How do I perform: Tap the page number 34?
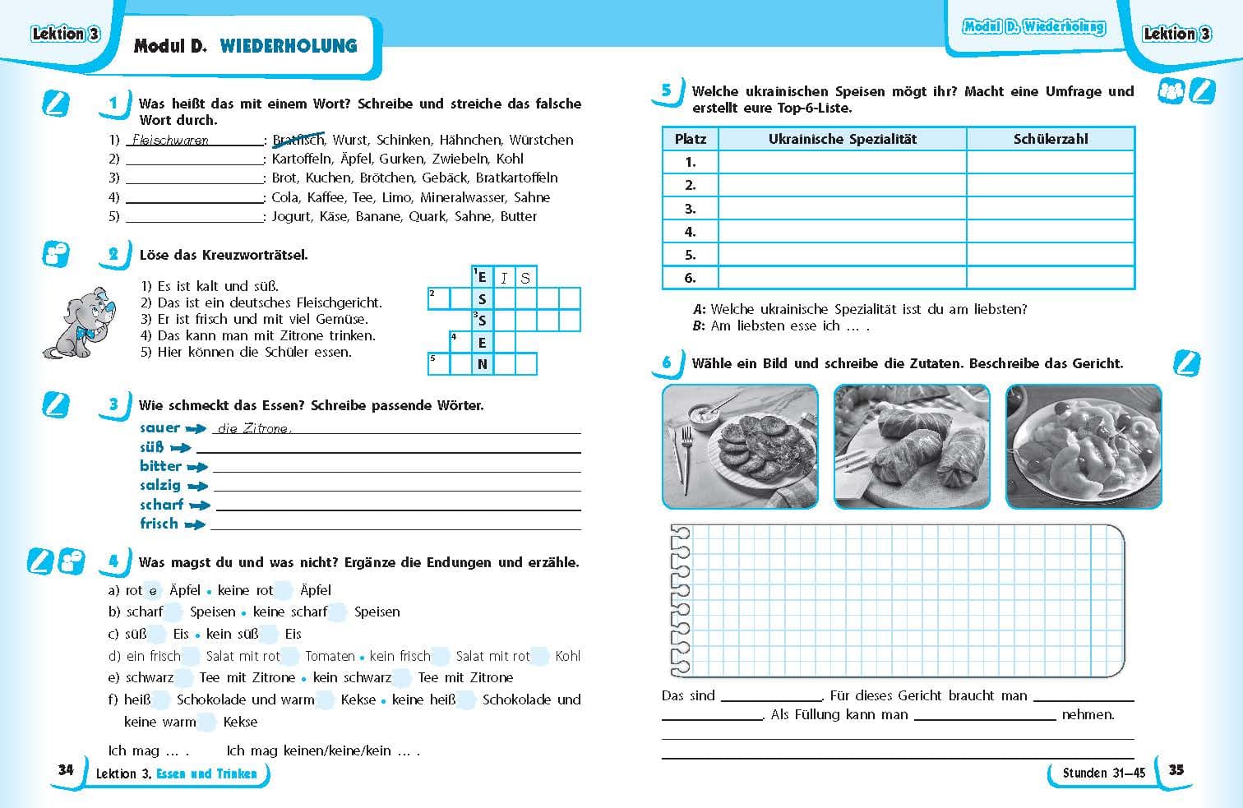click(x=66, y=769)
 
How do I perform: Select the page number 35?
click(x=1176, y=769)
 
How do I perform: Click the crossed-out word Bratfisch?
click(x=298, y=140)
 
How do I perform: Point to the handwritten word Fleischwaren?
click(x=170, y=141)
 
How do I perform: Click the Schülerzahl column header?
click(x=1050, y=139)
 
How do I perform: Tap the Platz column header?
click(x=690, y=139)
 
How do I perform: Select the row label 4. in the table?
click(x=690, y=232)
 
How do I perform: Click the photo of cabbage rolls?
click(x=912, y=446)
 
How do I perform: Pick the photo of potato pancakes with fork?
click(x=740, y=446)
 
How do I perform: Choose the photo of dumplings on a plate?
click(x=1084, y=446)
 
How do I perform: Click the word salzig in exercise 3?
click(x=159, y=485)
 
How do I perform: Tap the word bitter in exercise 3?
click(x=160, y=466)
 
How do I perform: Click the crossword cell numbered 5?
click(x=438, y=363)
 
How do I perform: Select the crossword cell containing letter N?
click(x=483, y=364)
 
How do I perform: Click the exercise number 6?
click(x=667, y=362)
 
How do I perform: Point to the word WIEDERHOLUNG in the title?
click(x=289, y=46)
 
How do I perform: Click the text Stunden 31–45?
click(x=1103, y=773)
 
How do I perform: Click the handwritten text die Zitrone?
click(x=253, y=428)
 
